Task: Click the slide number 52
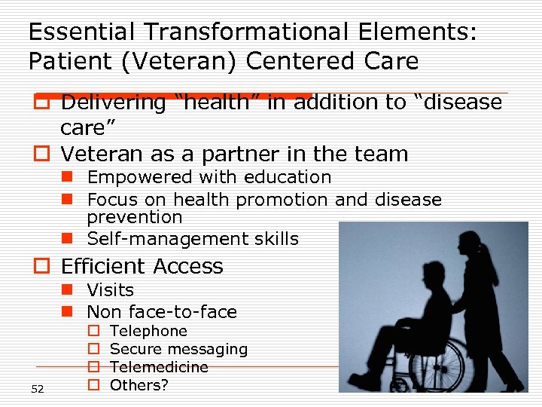click(38, 389)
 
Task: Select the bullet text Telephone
click(148, 331)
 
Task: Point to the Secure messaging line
click(178, 349)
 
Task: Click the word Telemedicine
click(159, 367)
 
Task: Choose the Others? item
click(139, 385)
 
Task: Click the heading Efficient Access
click(142, 266)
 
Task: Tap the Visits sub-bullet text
click(110, 290)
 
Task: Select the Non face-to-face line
click(161, 311)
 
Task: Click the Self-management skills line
click(193, 239)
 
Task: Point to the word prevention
click(135, 217)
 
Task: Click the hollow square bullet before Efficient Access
click(41, 267)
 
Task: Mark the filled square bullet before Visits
click(67, 290)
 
